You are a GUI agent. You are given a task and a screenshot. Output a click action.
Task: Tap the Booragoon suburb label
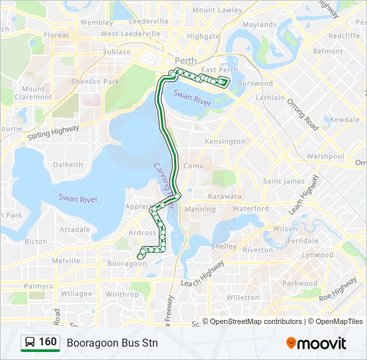[x=126, y=263]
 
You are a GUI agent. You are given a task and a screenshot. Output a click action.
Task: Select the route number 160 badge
[x=47, y=343]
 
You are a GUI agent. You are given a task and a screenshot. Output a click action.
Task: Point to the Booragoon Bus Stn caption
[x=112, y=343]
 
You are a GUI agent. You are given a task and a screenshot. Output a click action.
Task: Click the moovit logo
[x=316, y=343]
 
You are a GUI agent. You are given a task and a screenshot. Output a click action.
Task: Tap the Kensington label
[x=225, y=142]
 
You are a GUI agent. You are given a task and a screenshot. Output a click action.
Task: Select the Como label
[x=194, y=166]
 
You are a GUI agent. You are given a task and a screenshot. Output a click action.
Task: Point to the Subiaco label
[x=117, y=51]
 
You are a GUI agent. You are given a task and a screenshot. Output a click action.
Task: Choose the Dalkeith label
[x=68, y=164]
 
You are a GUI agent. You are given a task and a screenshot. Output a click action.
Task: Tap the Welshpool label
[x=325, y=157]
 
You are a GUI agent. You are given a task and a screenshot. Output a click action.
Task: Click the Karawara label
[x=225, y=197]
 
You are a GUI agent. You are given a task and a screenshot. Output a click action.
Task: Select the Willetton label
[x=243, y=297]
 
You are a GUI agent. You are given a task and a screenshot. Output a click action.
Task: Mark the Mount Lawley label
[x=217, y=10]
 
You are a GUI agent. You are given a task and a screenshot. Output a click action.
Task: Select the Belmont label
[x=328, y=51]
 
